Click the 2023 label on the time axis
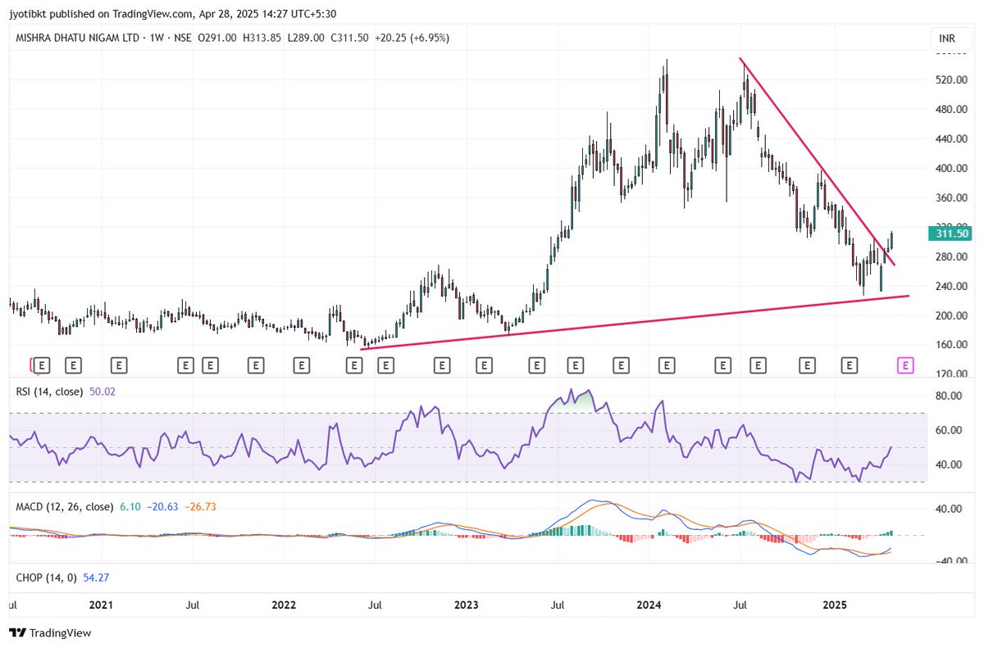pyautogui.click(x=466, y=605)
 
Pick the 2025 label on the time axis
pyautogui.click(x=834, y=605)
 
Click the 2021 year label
pyautogui.click(x=101, y=605)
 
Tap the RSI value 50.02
pyautogui.click(x=102, y=392)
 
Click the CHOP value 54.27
pyautogui.click(x=96, y=578)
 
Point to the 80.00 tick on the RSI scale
pyautogui.click(x=948, y=396)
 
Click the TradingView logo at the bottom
pyautogui.click(x=51, y=632)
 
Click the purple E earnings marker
pyautogui.click(x=905, y=365)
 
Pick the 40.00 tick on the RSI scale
pyautogui.click(x=948, y=464)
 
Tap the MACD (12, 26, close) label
pyautogui.click(x=64, y=507)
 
